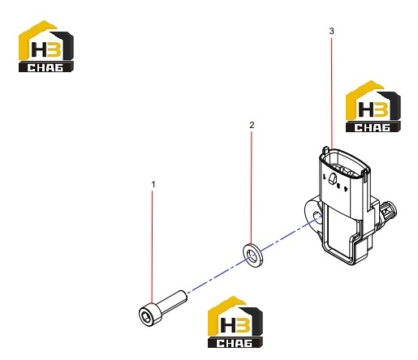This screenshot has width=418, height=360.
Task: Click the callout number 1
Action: pyautogui.click(x=153, y=185)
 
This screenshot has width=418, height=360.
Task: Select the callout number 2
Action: pyautogui.click(x=252, y=125)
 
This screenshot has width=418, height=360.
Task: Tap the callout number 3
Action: pyautogui.click(x=332, y=31)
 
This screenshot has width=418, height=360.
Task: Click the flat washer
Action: pyautogui.click(x=252, y=254)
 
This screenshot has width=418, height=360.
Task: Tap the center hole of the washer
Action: pyautogui.click(x=252, y=255)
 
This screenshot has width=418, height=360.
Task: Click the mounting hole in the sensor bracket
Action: pyautogui.click(x=317, y=216)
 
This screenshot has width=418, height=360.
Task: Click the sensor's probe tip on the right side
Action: pyautogui.click(x=390, y=210)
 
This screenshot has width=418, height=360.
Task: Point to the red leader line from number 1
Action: pyautogui.click(x=153, y=247)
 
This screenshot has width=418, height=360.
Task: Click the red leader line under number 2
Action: pyautogui.click(x=252, y=188)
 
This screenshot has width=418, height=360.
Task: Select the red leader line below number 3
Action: pyautogui.click(x=332, y=92)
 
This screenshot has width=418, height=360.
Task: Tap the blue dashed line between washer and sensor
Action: pyautogui.click(x=287, y=235)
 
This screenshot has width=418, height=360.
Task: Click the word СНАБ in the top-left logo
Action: pyautogui.click(x=45, y=67)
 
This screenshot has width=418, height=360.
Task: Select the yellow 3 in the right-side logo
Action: pyautogui.click(x=381, y=109)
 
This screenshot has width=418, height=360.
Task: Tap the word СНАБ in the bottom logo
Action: pyautogui.click(x=235, y=343)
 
